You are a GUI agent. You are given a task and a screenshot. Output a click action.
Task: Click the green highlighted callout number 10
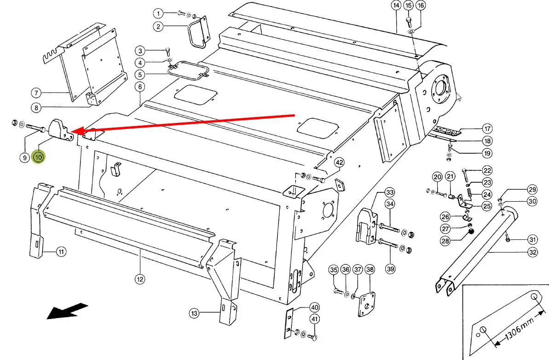tap(38, 157)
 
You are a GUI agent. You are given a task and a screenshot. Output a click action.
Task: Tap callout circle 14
tap(396, 6)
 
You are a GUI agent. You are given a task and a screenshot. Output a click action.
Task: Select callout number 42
tap(339, 163)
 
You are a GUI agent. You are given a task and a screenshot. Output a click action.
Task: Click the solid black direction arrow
tap(67, 311)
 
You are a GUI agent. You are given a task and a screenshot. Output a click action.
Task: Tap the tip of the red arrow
tap(72, 132)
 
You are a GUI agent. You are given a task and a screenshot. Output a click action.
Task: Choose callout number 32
tap(532, 252)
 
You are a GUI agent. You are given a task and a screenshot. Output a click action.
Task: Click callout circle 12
tap(140, 279)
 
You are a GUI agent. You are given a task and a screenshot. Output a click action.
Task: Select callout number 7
tap(36, 93)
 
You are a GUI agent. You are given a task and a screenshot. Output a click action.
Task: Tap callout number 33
tap(390, 192)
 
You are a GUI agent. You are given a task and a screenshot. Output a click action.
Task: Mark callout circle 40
tap(315, 308)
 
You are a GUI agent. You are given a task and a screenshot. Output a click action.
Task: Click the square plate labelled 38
tap(367, 304)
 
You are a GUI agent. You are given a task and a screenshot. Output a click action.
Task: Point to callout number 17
tap(487, 128)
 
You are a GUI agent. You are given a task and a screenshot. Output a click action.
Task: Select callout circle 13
tap(194, 313)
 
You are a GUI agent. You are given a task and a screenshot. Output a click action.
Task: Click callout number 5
tap(140, 75)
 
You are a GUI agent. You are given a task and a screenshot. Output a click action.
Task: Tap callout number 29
tap(532, 190)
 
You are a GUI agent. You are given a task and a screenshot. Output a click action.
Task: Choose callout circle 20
tap(437, 177)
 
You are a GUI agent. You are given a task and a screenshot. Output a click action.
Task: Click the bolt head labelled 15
tap(408, 20)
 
